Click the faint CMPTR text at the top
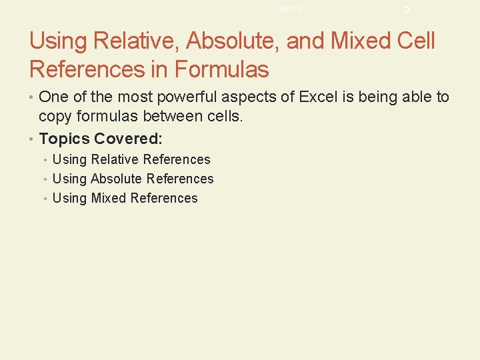288,10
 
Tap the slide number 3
407,10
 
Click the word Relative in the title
136,41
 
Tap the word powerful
183,97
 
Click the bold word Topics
65,139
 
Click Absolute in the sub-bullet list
117,179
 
